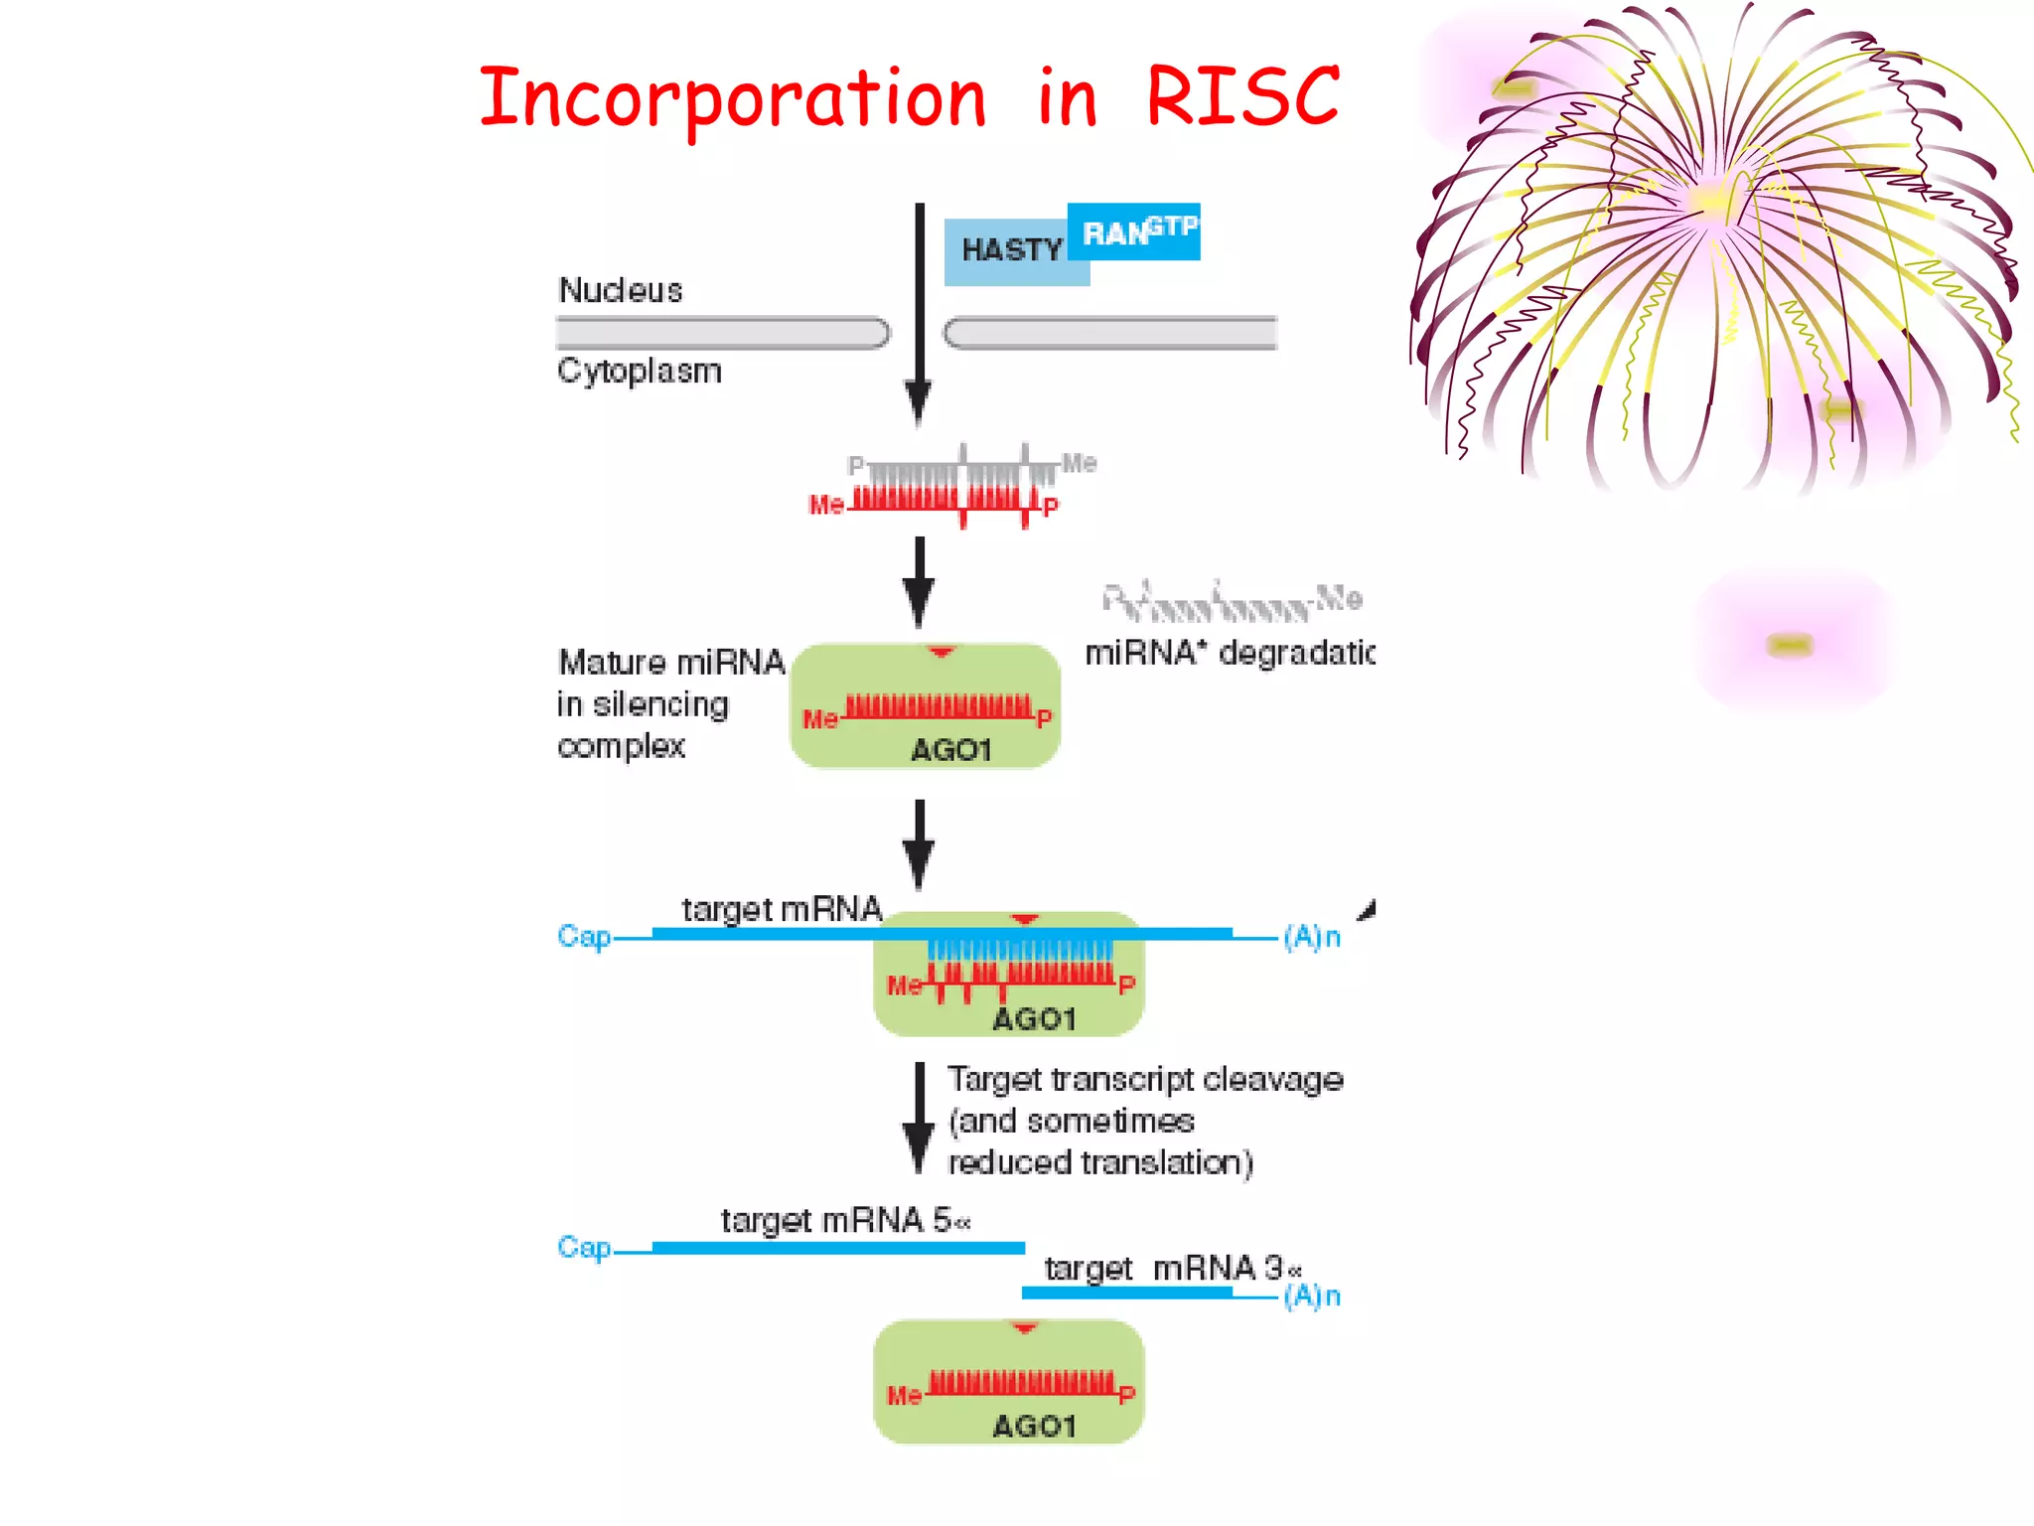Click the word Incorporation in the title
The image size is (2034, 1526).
(733, 99)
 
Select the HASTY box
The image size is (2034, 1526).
(1011, 250)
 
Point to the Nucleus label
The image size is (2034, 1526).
(621, 290)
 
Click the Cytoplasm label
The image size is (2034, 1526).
(639, 371)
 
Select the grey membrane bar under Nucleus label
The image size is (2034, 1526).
(722, 333)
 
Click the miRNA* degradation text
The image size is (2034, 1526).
(1230, 653)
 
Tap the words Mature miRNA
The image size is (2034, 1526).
(671, 662)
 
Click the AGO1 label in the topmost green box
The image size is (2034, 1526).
(950, 750)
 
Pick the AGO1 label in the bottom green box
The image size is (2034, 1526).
(1034, 1427)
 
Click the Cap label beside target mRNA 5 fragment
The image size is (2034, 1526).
(584, 1247)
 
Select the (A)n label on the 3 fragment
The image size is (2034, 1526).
(1312, 1296)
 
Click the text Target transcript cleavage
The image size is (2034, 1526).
(1144, 1079)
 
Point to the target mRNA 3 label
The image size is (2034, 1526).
(1172, 1269)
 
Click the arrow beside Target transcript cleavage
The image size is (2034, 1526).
(920, 1118)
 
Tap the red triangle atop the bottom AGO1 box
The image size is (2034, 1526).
(1024, 1328)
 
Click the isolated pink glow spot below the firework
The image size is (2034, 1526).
(1790, 645)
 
